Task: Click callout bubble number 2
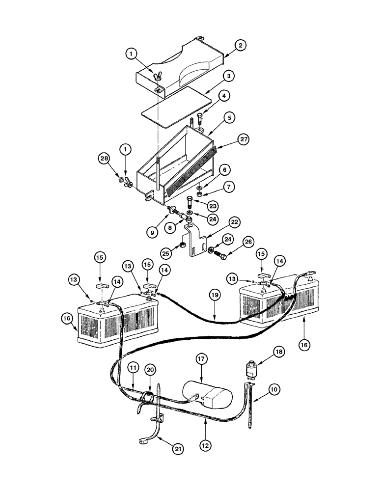(240, 45)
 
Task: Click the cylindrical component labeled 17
(206, 394)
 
